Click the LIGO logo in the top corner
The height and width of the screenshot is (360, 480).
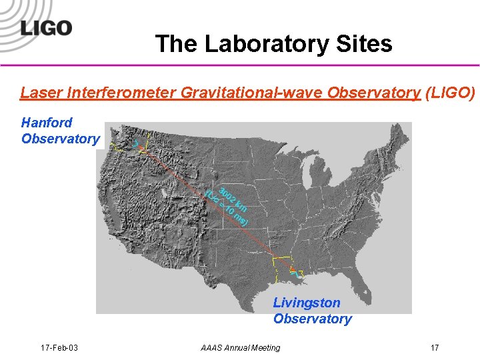tap(45, 27)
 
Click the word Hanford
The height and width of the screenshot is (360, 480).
tap(47, 123)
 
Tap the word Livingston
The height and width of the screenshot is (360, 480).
tap(307, 303)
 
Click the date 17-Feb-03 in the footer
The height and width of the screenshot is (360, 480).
tap(59, 347)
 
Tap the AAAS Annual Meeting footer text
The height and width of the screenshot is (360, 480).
tap(241, 347)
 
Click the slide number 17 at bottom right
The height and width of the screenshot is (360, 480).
tap(435, 347)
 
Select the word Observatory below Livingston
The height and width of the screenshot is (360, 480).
tap(312, 319)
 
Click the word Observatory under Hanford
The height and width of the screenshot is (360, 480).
tap(60, 139)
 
